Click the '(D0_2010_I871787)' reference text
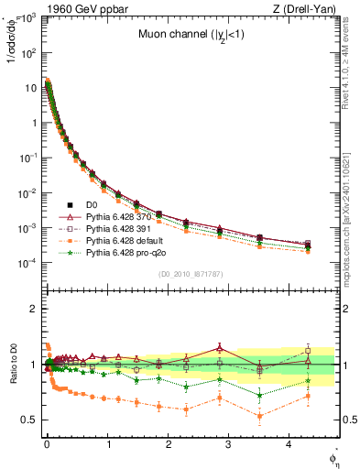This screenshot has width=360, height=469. [190, 274]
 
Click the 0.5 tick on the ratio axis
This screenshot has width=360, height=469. [28, 420]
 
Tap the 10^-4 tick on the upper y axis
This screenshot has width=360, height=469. [27, 263]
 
